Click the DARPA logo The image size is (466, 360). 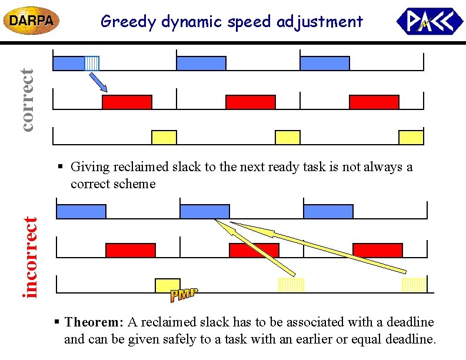(x=32, y=21)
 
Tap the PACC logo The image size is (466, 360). (x=430, y=22)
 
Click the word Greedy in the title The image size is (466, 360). (x=122, y=22)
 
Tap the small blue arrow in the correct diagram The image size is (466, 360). (x=98, y=82)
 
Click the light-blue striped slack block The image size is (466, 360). (x=92, y=63)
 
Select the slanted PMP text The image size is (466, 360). (x=184, y=295)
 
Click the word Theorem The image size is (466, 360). (x=94, y=322)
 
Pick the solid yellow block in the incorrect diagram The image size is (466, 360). (x=167, y=285)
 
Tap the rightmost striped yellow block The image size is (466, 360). (x=413, y=285)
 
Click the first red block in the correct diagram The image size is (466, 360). (x=127, y=102)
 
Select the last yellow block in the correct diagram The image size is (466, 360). (x=411, y=138)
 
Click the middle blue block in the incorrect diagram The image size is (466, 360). (x=204, y=211)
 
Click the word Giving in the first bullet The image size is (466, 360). (x=89, y=167)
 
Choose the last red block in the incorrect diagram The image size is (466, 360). (x=377, y=250)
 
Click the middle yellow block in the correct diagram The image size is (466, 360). (x=288, y=138)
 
